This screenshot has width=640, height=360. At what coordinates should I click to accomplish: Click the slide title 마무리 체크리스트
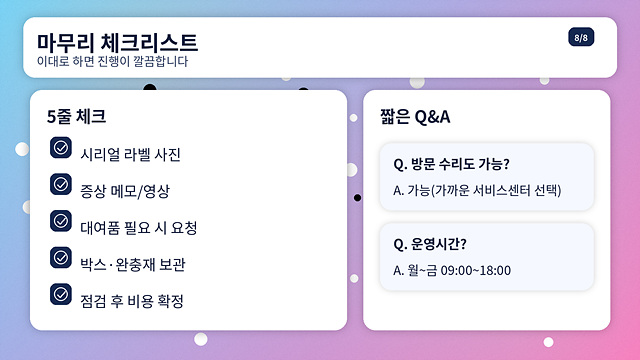[117, 42]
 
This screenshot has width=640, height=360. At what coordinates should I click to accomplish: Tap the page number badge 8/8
[581, 38]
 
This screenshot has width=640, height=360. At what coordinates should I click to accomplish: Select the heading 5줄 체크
[76, 116]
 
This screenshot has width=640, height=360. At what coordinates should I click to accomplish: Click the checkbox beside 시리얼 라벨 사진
[60, 148]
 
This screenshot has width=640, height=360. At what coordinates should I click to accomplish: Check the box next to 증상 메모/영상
[60, 184]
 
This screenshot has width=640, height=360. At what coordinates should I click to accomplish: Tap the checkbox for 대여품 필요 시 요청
[60, 221]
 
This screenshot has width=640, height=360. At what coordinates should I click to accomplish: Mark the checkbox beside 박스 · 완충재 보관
[60, 257]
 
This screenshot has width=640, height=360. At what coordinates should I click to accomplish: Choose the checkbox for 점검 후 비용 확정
[60, 294]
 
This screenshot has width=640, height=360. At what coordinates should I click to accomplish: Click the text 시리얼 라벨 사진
[130, 155]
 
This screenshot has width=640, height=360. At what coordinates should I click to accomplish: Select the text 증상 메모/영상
[125, 191]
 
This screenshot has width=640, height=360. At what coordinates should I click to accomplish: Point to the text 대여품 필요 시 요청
[139, 228]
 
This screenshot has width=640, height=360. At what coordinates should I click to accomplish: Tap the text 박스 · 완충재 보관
[133, 264]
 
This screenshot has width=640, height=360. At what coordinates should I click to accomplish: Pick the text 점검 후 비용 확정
[132, 301]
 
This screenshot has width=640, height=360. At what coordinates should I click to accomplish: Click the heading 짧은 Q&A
[415, 116]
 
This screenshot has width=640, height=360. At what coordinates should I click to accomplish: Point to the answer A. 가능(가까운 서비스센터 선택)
[477, 190]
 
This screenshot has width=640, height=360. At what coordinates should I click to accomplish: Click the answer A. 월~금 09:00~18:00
[452, 270]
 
